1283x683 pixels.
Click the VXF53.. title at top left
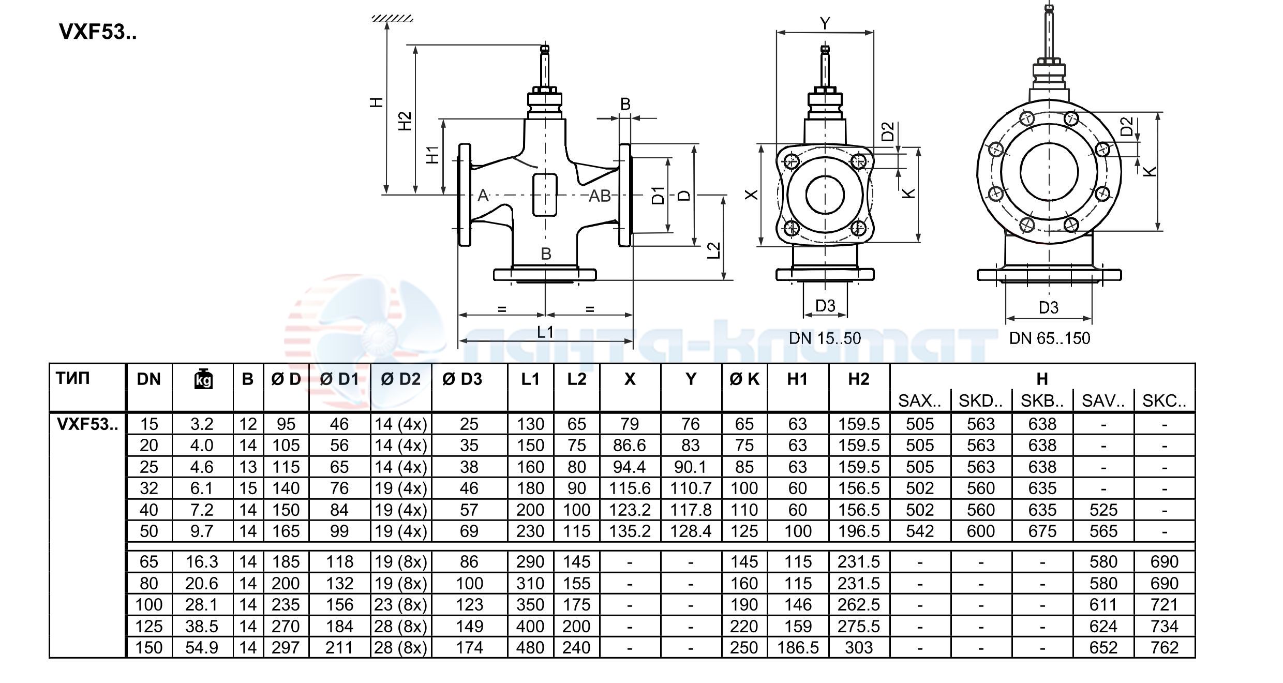98,32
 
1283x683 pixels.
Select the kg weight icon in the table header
203,379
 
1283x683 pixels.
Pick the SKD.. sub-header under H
980,400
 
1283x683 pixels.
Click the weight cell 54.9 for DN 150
202,647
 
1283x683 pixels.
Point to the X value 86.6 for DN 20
629,445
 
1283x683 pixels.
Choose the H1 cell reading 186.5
797,647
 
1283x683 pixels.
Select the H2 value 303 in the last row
858,647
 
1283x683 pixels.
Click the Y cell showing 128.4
690,531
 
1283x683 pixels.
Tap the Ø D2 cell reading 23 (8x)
400,604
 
